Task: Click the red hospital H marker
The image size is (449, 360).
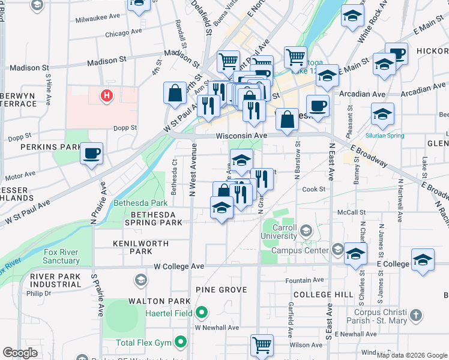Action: point(107,95)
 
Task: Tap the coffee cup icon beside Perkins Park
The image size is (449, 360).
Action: point(91,154)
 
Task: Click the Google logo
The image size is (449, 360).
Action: point(20,353)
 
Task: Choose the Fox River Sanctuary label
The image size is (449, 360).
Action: point(61,256)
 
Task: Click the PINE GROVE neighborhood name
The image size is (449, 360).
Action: point(221,290)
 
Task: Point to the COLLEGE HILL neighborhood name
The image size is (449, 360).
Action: point(323,295)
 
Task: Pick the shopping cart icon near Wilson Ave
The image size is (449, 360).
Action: point(262,345)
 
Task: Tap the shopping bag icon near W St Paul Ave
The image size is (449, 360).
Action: point(175,94)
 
